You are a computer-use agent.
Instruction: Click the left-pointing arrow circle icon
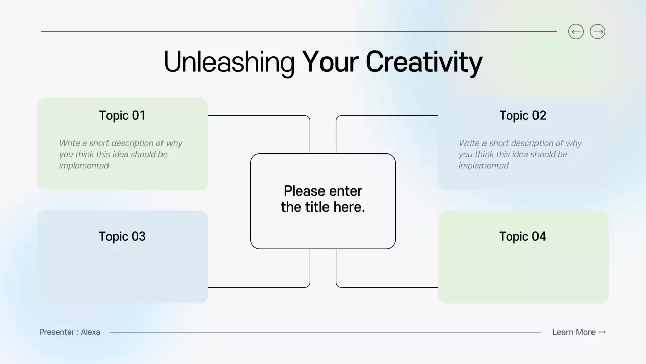(576, 32)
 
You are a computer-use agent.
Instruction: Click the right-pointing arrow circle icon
(598, 32)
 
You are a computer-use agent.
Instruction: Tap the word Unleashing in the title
(229, 62)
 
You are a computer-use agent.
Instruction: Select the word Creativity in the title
(424, 62)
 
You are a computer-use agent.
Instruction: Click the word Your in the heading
(330, 62)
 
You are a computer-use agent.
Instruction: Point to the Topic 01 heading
(122, 115)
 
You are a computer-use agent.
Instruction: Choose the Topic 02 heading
(522, 115)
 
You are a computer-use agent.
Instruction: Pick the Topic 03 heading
(122, 236)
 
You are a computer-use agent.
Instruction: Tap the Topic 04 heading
(522, 236)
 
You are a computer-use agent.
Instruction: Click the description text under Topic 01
(120, 154)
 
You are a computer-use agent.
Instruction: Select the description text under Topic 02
(520, 154)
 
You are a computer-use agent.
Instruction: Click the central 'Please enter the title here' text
(323, 199)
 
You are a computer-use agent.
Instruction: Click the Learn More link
(573, 332)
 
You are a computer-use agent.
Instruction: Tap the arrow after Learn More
(602, 332)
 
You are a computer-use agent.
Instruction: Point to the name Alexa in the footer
(91, 332)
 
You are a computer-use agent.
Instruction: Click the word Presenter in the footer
(57, 332)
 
